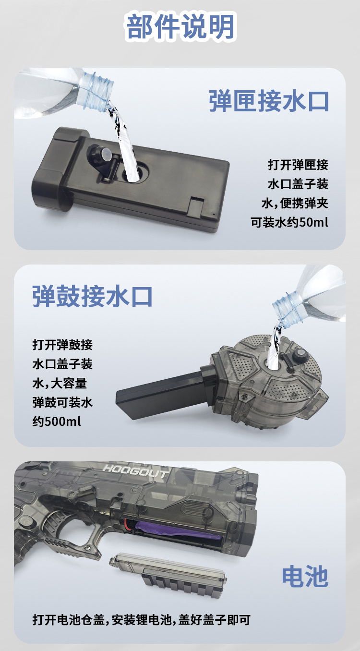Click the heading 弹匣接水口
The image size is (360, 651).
point(269,101)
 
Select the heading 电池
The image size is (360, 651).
point(305,576)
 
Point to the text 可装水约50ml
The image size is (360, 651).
point(290,223)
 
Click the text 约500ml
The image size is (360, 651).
point(57,422)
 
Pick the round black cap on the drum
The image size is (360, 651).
point(301,355)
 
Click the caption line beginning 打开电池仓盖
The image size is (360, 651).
point(141,620)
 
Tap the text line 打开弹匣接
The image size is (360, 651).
point(298,165)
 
